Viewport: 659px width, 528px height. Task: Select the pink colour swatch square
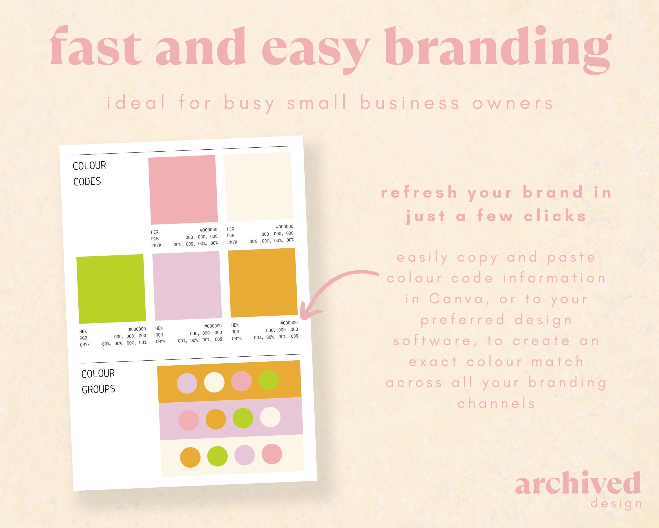pos(183,190)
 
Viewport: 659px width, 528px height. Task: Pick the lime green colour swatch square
pos(111,289)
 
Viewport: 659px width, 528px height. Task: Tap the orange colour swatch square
pos(263,282)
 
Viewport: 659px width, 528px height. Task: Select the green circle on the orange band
pos(268,380)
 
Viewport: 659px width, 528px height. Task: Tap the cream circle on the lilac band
pos(270,417)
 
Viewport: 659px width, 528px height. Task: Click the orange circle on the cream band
pos(190,457)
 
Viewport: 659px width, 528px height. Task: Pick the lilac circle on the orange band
pos(187,383)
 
